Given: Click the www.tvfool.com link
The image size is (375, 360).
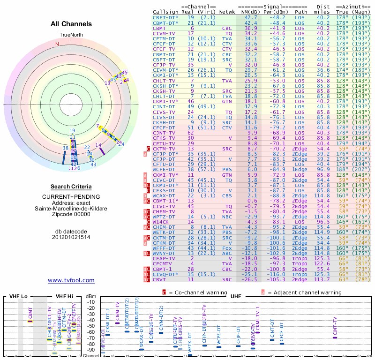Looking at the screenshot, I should (x=71, y=280).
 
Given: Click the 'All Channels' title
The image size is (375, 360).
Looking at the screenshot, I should (x=71, y=24).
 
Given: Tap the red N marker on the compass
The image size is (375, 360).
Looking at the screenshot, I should (x=57, y=44).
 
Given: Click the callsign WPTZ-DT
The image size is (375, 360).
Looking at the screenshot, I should (x=164, y=217).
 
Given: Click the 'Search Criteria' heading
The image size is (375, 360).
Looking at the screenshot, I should (x=71, y=187).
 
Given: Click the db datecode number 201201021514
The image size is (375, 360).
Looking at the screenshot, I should (x=71, y=237).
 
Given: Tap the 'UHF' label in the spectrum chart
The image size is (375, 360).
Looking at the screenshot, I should (x=236, y=297).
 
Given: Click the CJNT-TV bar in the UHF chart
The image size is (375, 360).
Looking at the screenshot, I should (x=334, y=337).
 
